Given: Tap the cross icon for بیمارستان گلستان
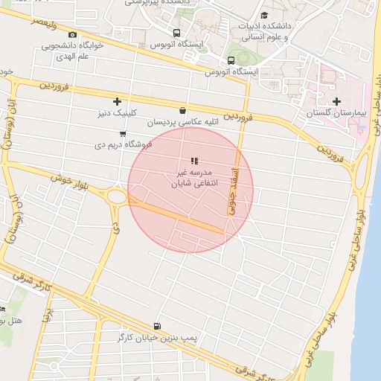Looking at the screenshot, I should coord(336,101).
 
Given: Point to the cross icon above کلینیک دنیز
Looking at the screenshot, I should coord(116,101).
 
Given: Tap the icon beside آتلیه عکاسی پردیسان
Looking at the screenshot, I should coord(182,111).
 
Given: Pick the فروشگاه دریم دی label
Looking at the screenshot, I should coord(123,144).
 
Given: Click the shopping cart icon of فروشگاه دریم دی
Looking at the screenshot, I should coord(122,133).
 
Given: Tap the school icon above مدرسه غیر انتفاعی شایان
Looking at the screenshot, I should coord(193,160).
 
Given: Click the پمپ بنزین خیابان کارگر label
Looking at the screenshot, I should coord(158,339).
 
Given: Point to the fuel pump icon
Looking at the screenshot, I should coord(156,326).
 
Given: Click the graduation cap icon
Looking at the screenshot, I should coord(264,16).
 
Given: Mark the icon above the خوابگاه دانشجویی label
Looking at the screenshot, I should coord(72,34).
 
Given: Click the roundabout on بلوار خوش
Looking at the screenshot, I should coord(116,197).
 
